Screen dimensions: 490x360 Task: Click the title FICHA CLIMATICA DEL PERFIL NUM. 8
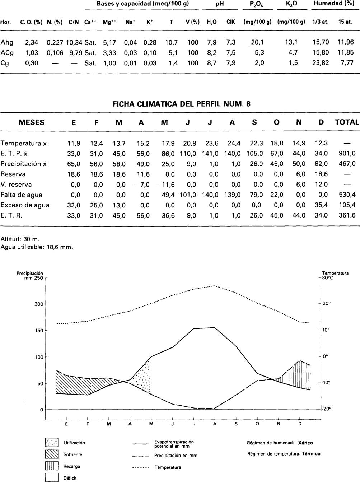182,104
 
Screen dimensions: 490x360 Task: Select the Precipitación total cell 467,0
347,164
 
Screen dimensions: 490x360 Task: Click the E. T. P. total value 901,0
347,154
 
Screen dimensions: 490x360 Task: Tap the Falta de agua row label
22,195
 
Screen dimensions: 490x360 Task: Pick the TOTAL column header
347,122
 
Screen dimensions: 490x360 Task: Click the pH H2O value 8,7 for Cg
212,63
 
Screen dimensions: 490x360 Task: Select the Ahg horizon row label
7,42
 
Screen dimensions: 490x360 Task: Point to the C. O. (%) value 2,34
32,42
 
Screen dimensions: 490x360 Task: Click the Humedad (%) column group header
333,3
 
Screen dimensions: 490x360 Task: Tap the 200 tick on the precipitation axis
39,304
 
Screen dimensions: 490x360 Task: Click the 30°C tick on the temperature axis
327,277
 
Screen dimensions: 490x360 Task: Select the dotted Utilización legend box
52,442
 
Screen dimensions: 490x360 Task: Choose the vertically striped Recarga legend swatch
52,466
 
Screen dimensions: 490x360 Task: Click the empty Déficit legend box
52,478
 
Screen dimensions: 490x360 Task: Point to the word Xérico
305,443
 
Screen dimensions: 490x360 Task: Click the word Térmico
311,453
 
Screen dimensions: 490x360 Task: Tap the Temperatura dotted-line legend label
168,467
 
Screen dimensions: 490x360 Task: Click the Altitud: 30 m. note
20,239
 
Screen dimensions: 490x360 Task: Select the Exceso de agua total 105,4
347,205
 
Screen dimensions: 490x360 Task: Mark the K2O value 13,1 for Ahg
291,42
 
